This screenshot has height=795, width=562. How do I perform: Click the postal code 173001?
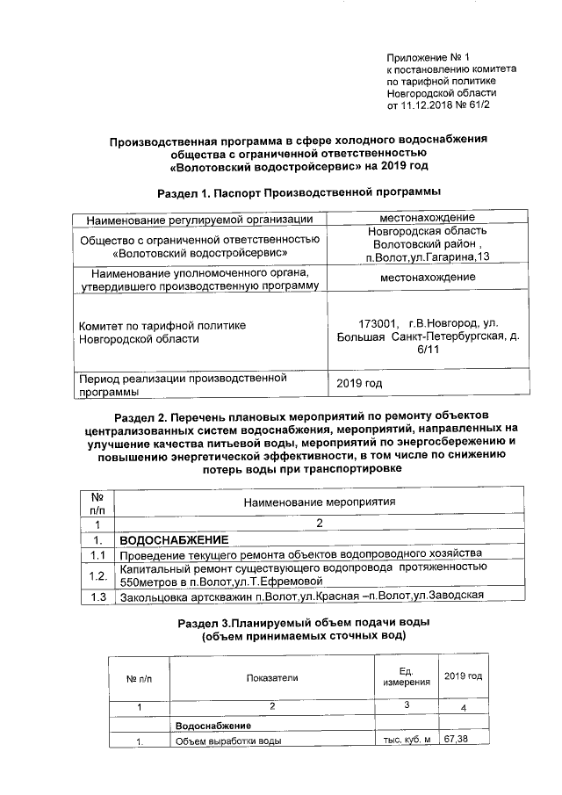[378, 322]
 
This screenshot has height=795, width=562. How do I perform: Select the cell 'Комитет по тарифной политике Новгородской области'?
[162, 331]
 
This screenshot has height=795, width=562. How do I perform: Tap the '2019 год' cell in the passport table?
[360, 384]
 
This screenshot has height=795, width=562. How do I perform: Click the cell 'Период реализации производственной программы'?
[184, 384]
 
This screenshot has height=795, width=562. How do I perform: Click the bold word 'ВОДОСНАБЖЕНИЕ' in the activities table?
[174, 538]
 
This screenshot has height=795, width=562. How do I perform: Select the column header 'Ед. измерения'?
[407, 676]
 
